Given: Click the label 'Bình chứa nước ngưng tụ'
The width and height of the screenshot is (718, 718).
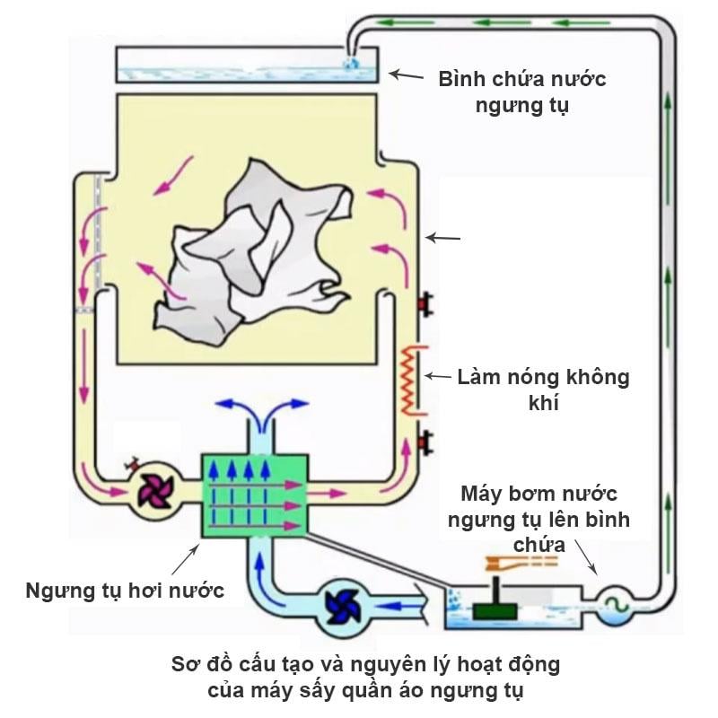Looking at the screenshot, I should (x=521, y=92).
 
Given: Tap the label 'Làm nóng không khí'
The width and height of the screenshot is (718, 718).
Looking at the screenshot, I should (x=543, y=389).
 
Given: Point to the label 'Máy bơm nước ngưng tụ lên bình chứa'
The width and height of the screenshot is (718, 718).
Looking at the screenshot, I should (x=538, y=518).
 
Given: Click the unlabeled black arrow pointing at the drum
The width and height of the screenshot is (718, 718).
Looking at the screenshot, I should (x=443, y=238).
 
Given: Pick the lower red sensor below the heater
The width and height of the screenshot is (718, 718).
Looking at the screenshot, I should (x=422, y=442).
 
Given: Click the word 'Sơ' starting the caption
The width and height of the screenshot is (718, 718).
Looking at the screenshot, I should (x=185, y=665).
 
